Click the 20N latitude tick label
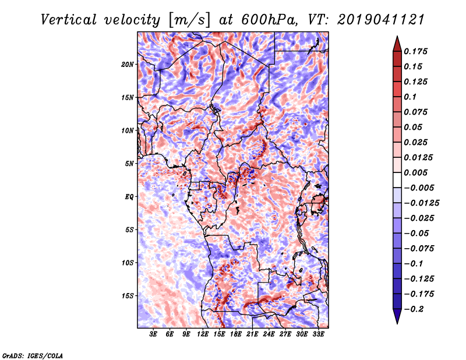tap(128, 65)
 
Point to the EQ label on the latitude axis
tap(129, 197)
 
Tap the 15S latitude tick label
tap(128, 296)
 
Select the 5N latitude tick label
tap(129, 164)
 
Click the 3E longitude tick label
tap(153, 334)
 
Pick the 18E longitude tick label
tap(236, 334)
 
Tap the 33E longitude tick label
tap(318, 334)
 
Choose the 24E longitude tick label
tap(269, 334)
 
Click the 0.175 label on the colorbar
tap(415, 51)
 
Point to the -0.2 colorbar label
tap(414, 309)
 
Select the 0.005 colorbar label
tap(415, 172)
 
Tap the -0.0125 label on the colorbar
tap(421, 203)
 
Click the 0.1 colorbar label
tap(410, 97)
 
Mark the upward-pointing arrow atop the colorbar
tap(397, 44)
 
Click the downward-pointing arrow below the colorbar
tap(397, 316)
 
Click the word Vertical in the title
tap(69, 20)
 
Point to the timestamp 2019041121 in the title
tap(381, 20)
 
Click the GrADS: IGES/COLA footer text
tap(33, 355)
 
